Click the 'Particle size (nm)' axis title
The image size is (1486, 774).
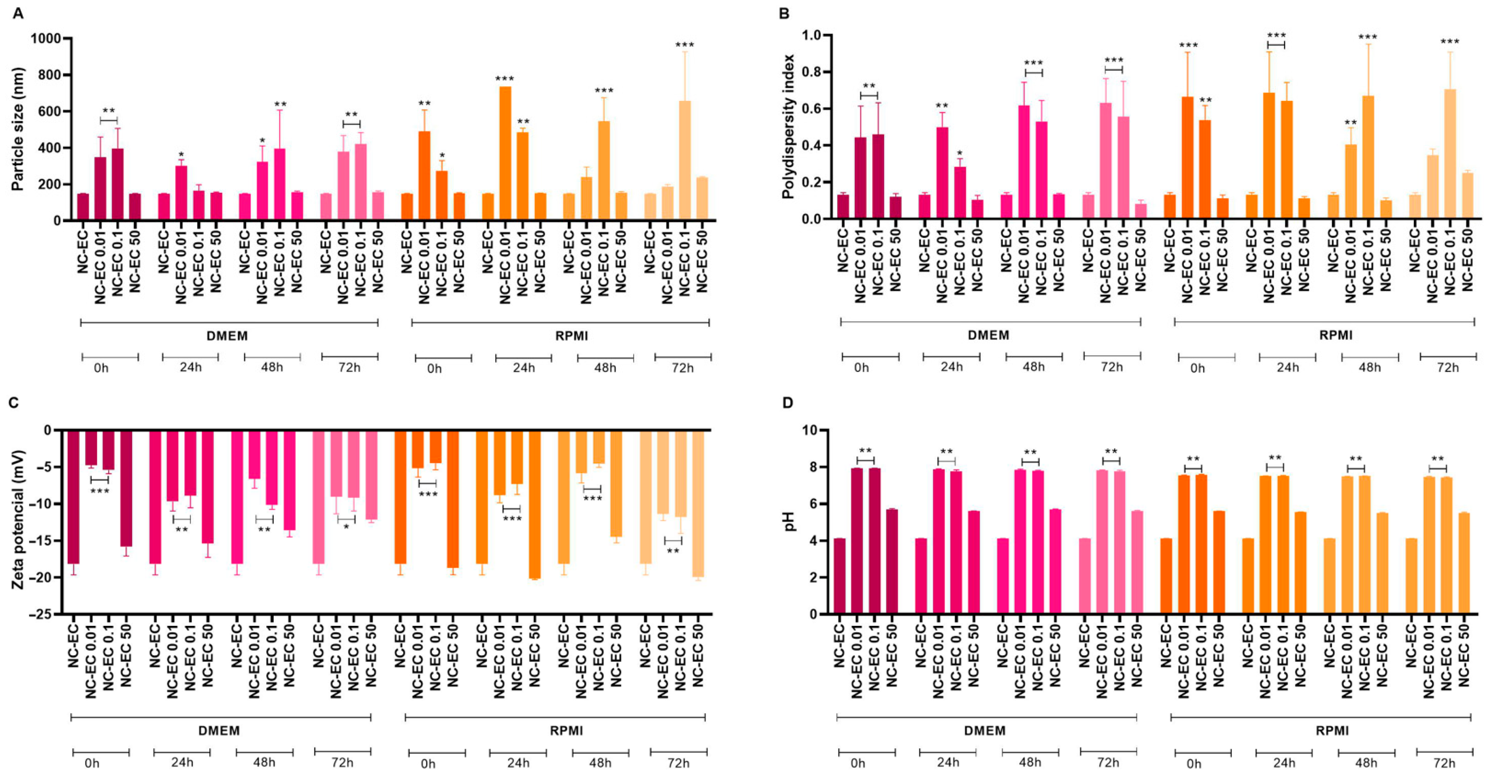[x=19, y=129]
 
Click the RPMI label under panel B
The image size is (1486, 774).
[x=1336, y=335]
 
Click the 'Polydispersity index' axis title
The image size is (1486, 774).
[x=788, y=127]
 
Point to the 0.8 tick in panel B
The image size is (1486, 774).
[x=813, y=72]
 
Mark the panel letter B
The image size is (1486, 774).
[x=784, y=13]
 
